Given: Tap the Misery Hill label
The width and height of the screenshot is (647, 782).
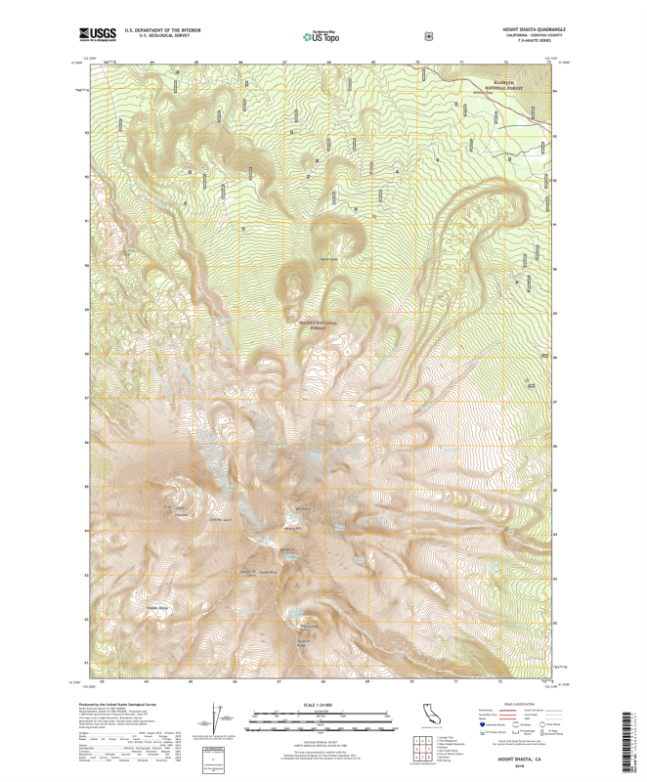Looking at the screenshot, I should click(294, 527).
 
